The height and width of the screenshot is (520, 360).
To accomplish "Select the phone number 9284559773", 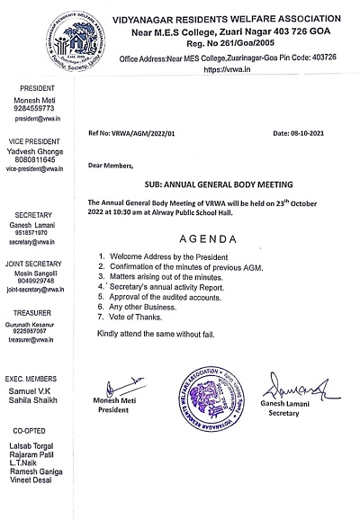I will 33,108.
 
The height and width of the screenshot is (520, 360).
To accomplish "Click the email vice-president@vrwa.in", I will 35,168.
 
